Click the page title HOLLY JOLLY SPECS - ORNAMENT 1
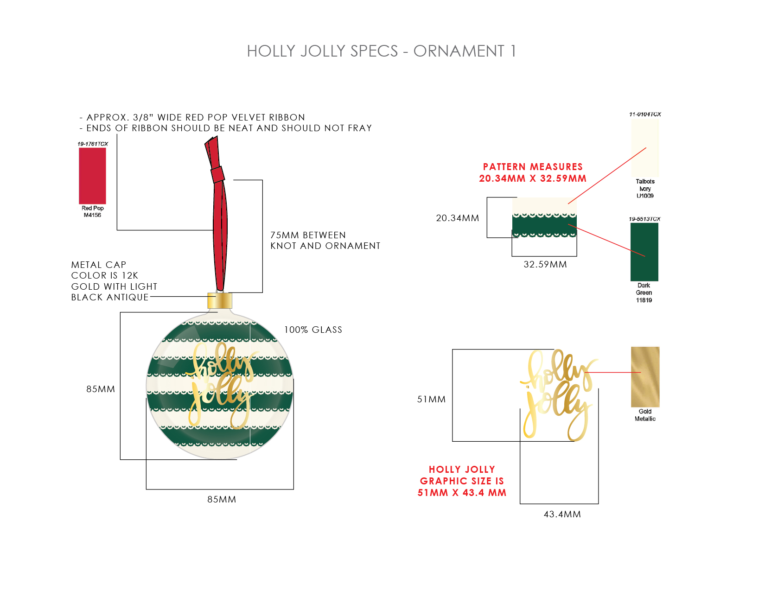click(381, 51)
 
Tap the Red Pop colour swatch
click(92, 176)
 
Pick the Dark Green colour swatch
click(644, 252)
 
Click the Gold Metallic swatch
click(645, 377)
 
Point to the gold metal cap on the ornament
click(219, 300)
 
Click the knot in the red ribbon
click(217, 174)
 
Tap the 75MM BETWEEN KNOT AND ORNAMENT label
click(325, 241)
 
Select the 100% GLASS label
click(313, 330)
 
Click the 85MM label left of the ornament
click(101, 389)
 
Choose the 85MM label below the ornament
click(222, 499)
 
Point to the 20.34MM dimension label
click(457, 218)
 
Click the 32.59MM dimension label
click(545, 264)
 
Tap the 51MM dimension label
click(431, 399)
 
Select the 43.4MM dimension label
click(562, 514)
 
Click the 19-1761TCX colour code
click(93, 144)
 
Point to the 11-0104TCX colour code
click(645, 114)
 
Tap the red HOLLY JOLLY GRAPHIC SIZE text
click(462, 481)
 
